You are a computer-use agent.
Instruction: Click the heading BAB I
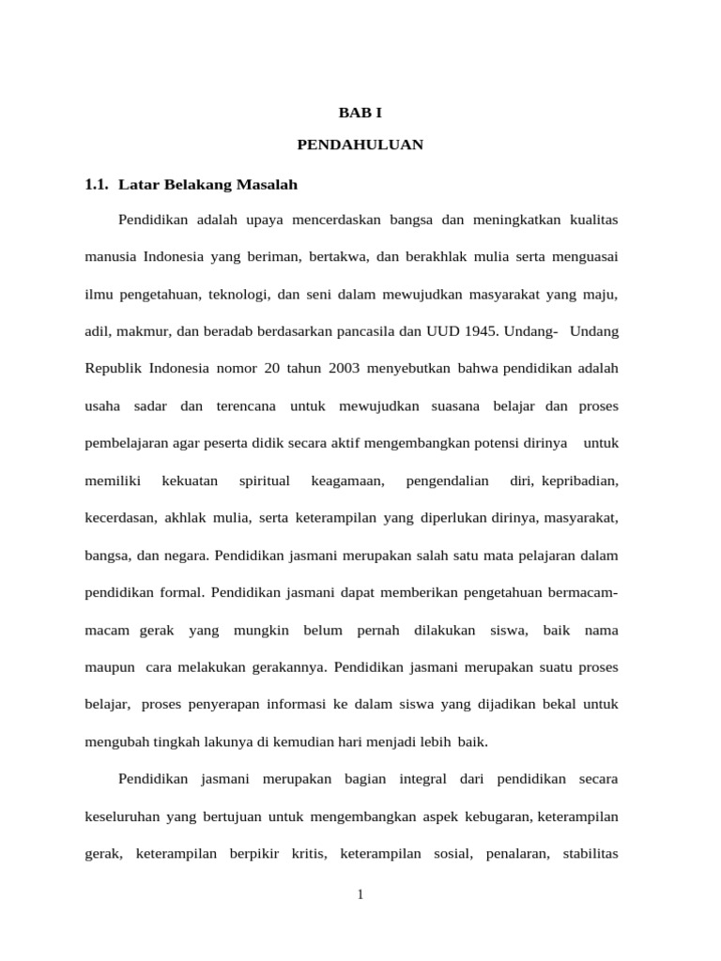click(360, 113)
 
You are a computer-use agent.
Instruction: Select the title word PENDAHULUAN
click(360, 145)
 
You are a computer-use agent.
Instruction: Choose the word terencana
click(246, 405)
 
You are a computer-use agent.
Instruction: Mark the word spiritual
click(265, 480)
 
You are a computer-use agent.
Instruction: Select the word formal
click(182, 592)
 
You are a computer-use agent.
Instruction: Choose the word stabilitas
click(590, 853)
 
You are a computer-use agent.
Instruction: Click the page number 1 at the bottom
click(360, 895)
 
